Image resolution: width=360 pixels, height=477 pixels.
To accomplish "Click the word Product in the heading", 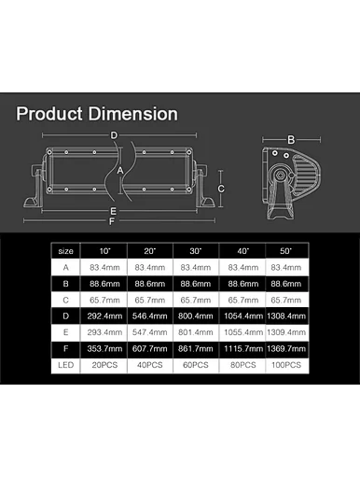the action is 49,114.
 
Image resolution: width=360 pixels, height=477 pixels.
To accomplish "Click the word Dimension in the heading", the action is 133,114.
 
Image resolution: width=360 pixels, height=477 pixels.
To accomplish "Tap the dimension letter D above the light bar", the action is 114,135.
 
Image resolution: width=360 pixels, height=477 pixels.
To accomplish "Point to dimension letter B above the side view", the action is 291,140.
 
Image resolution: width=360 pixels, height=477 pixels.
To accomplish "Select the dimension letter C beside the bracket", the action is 221,189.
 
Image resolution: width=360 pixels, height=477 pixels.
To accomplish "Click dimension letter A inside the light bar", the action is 120,171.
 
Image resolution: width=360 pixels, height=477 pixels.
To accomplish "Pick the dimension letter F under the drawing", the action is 112,221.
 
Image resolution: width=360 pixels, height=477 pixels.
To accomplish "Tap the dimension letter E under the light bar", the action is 113,211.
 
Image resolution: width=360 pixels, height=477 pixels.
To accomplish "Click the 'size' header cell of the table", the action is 65,251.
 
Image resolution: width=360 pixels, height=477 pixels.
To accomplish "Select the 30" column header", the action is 196,251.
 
